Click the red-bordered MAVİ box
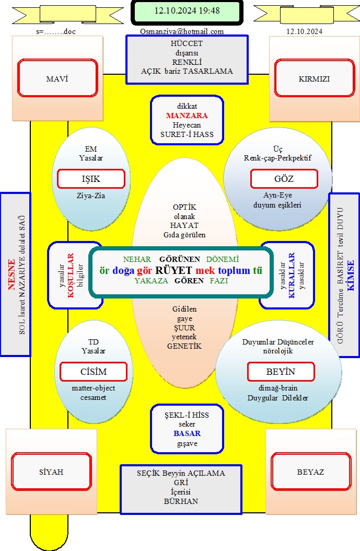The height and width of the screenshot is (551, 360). click(x=57, y=78)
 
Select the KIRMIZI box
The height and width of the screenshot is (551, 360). click(x=315, y=78)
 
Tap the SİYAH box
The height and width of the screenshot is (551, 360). click(x=51, y=472)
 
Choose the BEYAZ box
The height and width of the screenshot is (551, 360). click(x=311, y=472)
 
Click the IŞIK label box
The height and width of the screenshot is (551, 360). click(x=91, y=179)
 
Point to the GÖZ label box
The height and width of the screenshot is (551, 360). click(x=284, y=179)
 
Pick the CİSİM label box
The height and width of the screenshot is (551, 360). click(x=94, y=372)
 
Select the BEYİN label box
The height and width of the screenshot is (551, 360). click(x=281, y=372)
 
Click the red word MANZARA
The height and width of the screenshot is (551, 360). click(x=187, y=115)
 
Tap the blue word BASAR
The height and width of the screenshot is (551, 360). click(x=187, y=433)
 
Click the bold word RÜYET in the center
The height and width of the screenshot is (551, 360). click(x=173, y=270)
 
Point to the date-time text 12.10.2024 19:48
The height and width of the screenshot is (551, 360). click(x=187, y=10)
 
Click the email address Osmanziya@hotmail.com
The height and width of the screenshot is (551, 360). click(x=182, y=31)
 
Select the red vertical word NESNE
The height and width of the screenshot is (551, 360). click(x=11, y=274)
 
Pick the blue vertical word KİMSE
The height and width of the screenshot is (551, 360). click(x=351, y=275)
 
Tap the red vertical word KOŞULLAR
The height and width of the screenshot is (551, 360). click(x=71, y=275)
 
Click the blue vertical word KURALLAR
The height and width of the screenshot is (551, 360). click(x=292, y=275)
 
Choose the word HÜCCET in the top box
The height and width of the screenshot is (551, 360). click(x=187, y=43)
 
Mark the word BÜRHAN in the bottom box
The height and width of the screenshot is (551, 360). click(x=181, y=501)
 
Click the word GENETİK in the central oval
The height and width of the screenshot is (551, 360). click(x=184, y=346)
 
